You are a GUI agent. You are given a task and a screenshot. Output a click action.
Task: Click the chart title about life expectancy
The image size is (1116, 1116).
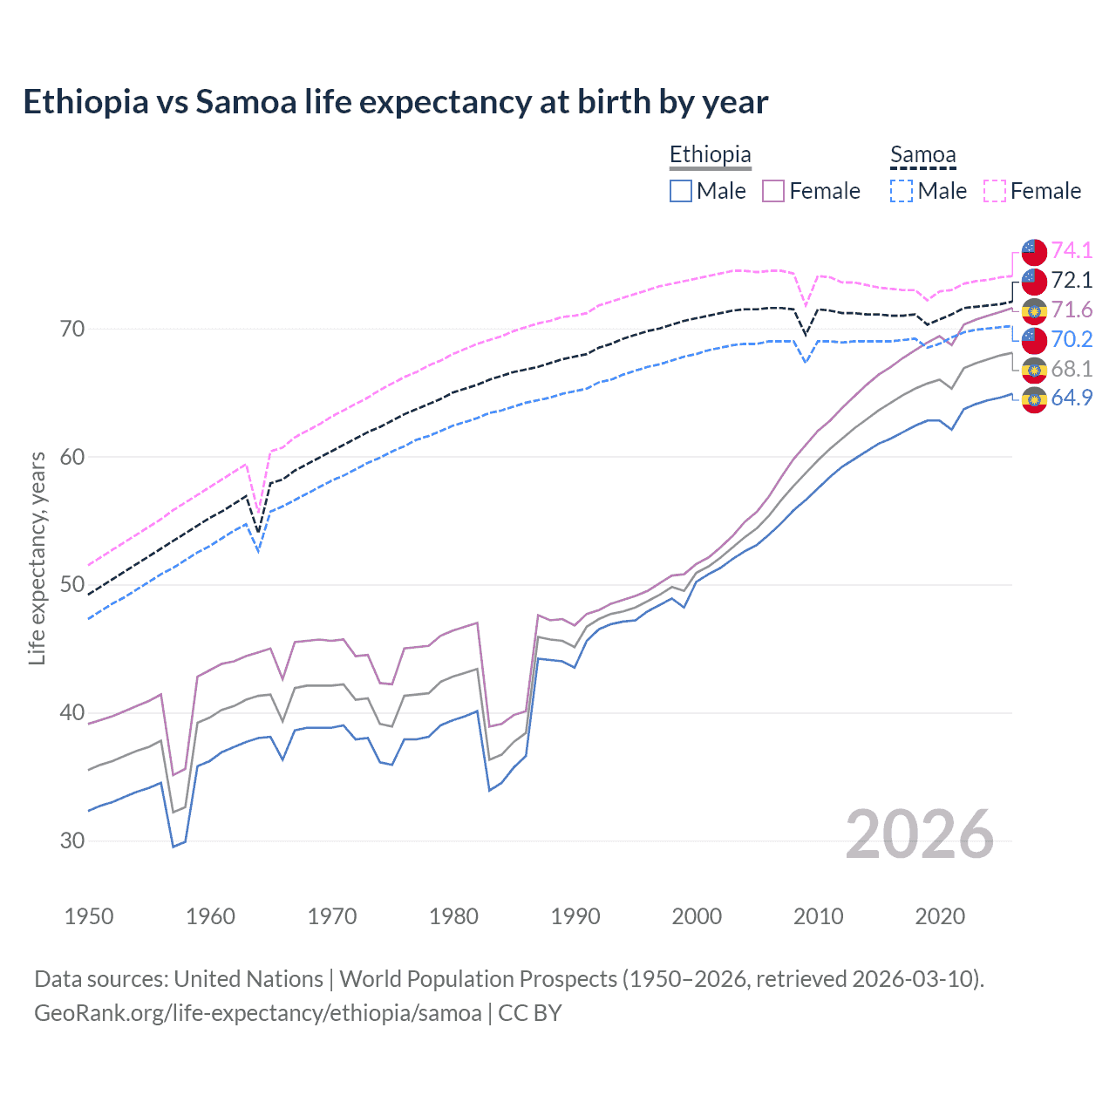tap(395, 102)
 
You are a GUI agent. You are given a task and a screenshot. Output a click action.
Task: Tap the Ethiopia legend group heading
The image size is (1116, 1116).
tap(710, 154)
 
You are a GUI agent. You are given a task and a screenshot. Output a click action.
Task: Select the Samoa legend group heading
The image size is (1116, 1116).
tap(922, 154)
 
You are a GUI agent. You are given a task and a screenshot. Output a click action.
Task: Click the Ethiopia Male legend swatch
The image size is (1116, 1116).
tap(681, 191)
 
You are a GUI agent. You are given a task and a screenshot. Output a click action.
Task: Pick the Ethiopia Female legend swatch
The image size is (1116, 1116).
tap(773, 191)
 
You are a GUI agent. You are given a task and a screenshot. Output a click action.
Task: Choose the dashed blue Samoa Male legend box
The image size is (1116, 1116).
tap(902, 191)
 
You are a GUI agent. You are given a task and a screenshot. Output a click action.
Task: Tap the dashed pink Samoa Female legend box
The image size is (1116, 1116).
tap(995, 191)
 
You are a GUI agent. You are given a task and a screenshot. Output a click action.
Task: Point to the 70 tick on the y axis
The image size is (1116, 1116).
tap(72, 329)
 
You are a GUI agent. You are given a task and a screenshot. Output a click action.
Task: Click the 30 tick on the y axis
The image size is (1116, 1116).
tap(72, 840)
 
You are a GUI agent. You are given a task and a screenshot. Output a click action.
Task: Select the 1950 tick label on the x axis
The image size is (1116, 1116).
tap(89, 916)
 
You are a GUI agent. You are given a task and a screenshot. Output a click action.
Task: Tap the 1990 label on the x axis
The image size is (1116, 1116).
tap(575, 916)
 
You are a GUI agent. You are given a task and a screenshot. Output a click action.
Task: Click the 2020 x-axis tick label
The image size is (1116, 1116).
tap(940, 916)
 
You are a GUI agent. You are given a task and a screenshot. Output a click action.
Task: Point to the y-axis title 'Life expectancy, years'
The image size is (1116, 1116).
tap(37, 558)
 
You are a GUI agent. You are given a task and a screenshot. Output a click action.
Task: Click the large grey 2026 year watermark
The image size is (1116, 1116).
tap(919, 834)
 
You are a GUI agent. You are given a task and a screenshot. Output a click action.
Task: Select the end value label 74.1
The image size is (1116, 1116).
tap(1072, 250)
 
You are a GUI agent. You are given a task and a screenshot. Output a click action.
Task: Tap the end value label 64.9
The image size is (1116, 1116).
tap(1072, 398)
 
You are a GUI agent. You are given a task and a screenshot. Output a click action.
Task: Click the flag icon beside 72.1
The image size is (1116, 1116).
tap(1034, 281)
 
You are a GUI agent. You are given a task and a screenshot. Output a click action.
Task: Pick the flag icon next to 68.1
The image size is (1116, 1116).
tap(1034, 370)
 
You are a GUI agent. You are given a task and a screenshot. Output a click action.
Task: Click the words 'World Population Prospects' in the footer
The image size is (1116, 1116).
tap(478, 978)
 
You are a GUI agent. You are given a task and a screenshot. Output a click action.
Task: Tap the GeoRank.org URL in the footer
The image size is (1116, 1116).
tap(258, 1013)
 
